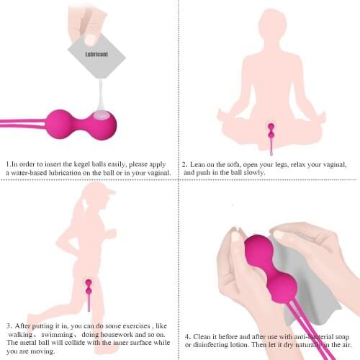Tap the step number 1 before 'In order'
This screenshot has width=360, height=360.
(7, 163)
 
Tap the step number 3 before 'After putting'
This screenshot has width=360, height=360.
(8, 325)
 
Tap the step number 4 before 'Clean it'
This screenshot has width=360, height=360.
(187, 336)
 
